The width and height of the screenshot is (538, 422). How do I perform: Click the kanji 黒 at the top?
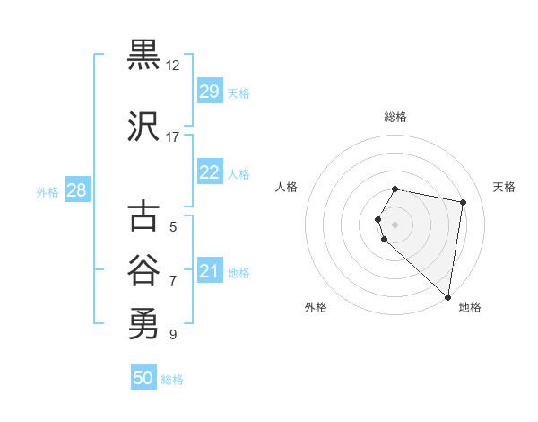(x=143, y=55)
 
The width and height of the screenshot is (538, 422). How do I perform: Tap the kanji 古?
(x=143, y=216)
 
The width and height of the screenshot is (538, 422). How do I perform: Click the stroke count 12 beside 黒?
(x=173, y=66)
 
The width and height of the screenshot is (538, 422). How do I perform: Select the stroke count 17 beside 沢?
(x=173, y=137)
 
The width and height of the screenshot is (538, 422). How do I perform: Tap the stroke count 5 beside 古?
(x=173, y=227)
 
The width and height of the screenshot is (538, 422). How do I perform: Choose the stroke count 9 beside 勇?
(x=173, y=335)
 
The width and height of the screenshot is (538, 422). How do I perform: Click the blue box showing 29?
(x=209, y=92)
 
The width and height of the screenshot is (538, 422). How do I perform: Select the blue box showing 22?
(x=209, y=173)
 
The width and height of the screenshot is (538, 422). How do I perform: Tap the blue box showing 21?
(x=209, y=271)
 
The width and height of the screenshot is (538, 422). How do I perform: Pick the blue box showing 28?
(x=76, y=190)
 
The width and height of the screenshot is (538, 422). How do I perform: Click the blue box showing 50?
(x=143, y=378)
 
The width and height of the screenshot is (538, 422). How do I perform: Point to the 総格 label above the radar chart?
(x=395, y=117)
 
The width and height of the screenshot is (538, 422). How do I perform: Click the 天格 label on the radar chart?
(x=504, y=187)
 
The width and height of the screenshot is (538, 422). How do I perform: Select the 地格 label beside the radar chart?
(x=470, y=307)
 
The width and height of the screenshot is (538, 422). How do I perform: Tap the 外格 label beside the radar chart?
(x=316, y=307)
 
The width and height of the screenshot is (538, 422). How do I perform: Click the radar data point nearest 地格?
(x=447, y=296)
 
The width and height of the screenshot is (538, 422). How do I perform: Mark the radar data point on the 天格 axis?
(x=463, y=203)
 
